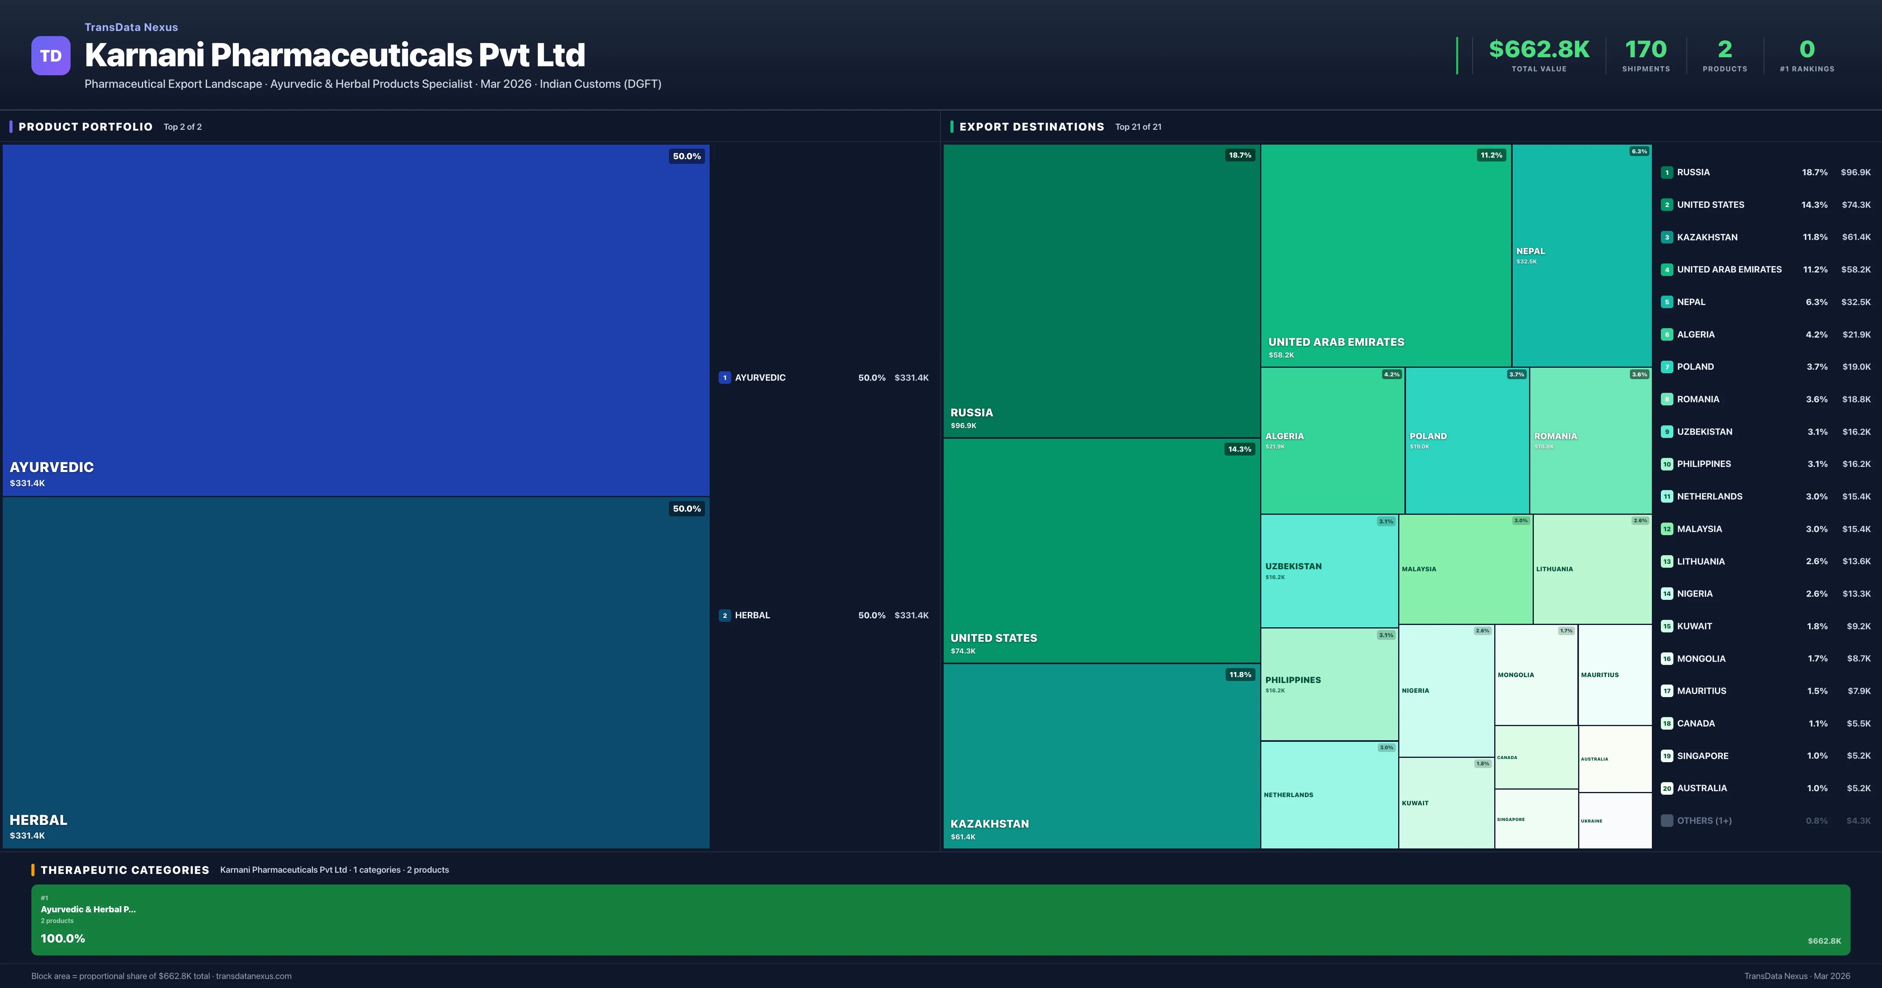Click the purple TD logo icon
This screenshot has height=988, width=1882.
point(51,56)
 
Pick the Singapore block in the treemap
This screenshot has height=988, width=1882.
point(1536,819)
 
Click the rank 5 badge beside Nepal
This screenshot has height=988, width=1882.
point(1666,302)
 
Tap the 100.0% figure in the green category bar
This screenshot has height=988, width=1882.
point(63,938)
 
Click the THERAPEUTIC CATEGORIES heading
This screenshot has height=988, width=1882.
point(125,870)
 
